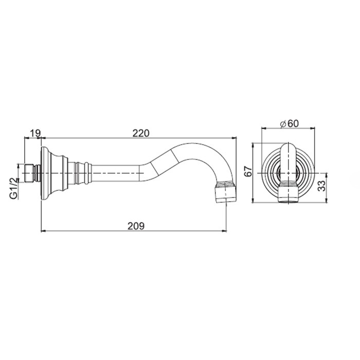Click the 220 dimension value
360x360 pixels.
pos(141,133)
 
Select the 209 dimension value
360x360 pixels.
pos(136,226)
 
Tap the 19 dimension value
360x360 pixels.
pos(35,133)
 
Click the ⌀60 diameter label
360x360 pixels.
pos(290,124)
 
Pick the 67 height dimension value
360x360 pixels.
pos(248,171)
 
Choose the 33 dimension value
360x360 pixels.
pos(322,186)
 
